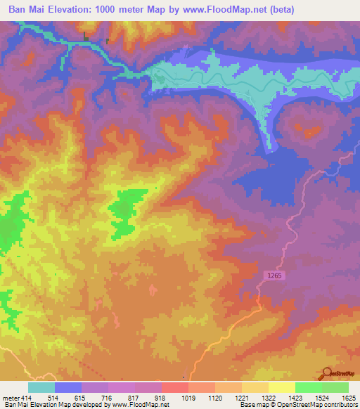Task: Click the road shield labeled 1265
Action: [x=274, y=276]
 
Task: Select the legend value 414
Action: [x=21, y=398]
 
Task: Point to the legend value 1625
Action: [x=348, y=398]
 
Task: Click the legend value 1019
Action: [x=188, y=398]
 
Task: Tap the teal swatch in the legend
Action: [x=41, y=387]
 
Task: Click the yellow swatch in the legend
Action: [x=281, y=387]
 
